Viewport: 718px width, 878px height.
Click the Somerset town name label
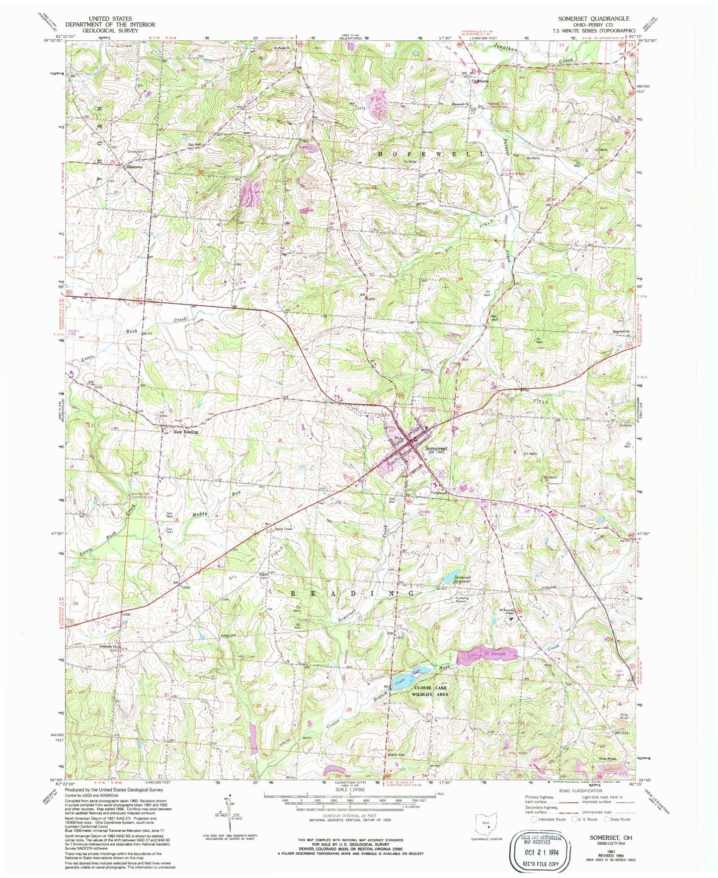tap(436, 448)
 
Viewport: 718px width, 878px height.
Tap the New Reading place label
tap(186, 432)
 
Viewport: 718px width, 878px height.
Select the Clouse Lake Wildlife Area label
tap(431, 691)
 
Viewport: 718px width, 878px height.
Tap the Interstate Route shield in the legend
tap(534, 819)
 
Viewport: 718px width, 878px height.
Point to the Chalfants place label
tap(480, 81)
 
